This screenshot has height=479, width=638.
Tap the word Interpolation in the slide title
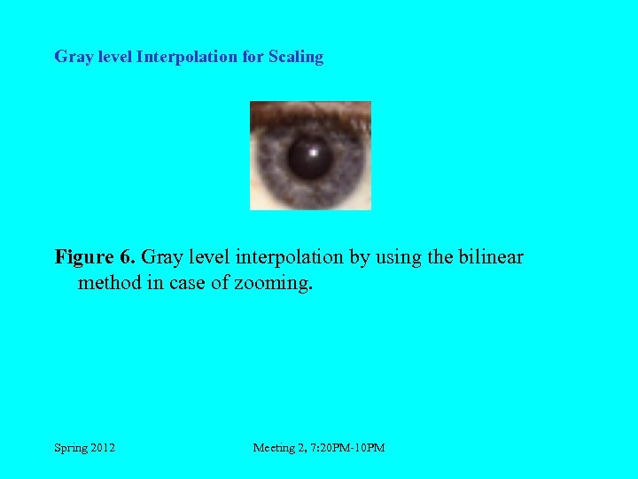coord(185,57)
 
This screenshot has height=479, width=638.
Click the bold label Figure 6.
coord(95,257)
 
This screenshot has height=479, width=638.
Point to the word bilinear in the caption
coord(491,257)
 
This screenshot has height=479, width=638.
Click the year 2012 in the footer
coord(102,448)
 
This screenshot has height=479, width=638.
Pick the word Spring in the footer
coord(70,448)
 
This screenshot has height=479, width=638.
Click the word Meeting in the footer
coord(276,448)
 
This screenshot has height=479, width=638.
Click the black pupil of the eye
coord(310,157)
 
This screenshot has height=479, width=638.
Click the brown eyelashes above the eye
coord(309,112)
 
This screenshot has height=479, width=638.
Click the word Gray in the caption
coord(160,257)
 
